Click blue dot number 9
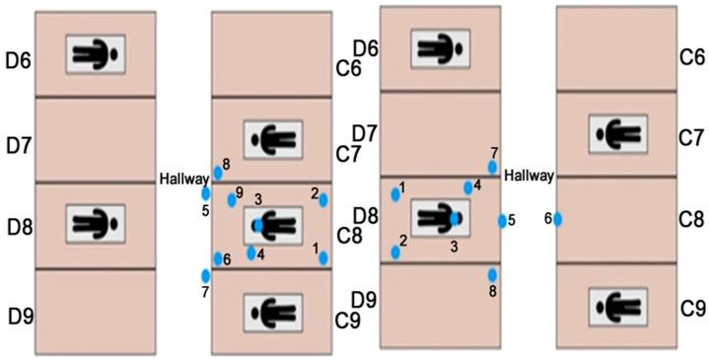(x=232, y=199)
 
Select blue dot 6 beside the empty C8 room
(x=557, y=219)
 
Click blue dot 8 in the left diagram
(x=218, y=173)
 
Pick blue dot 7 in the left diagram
(x=206, y=275)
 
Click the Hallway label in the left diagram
(x=183, y=179)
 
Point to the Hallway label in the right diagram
(x=529, y=176)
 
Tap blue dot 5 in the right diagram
(x=502, y=221)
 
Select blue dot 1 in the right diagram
(x=395, y=194)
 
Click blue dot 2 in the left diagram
(x=323, y=200)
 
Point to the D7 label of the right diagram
(x=366, y=133)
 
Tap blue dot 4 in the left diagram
(x=250, y=253)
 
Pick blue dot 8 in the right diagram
(x=492, y=274)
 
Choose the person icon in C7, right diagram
(x=618, y=132)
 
